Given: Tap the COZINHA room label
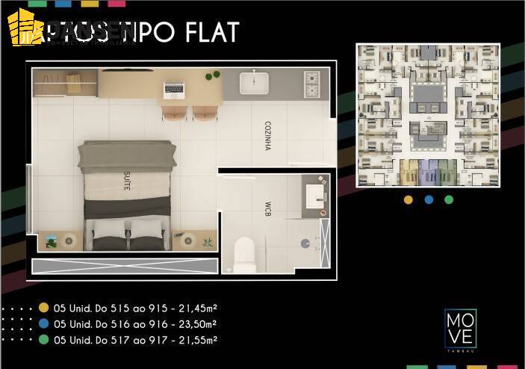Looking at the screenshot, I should click(x=267, y=136).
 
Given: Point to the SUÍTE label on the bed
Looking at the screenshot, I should click(x=126, y=182).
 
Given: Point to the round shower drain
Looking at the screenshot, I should click(x=305, y=243).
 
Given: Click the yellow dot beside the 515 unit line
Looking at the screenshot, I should click(x=44, y=308).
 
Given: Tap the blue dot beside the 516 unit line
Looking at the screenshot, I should click(x=44, y=324).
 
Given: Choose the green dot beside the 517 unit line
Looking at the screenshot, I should click(x=44, y=340).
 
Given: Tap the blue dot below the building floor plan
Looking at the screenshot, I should click(x=429, y=199).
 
